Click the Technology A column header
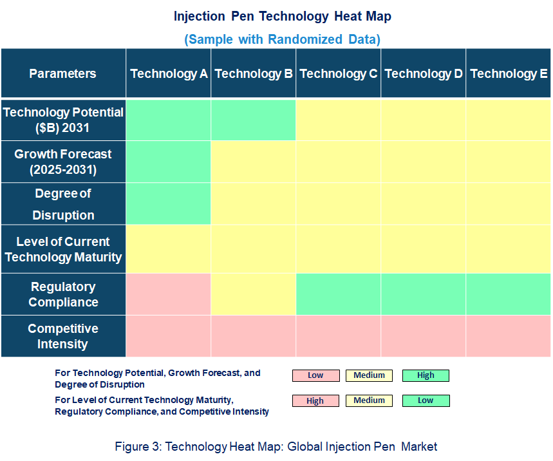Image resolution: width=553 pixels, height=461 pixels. pos(169,73)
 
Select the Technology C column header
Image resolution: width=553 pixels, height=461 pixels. pos(339,73)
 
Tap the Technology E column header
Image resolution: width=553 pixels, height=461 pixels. pos(509,73)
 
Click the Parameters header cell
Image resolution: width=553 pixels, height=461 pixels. pos(62,73)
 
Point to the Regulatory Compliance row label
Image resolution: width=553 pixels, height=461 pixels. pos(63,294)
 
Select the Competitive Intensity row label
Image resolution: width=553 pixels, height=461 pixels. pos(63,336)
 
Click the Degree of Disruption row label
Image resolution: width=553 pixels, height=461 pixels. pos(63,204)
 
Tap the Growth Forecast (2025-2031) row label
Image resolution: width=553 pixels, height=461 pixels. pos(63,162)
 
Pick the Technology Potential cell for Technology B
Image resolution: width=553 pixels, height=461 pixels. pos(254,120)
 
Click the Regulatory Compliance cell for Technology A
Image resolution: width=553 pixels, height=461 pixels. pos(169,294)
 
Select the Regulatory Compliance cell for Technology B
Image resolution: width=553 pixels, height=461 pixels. pos(254,294)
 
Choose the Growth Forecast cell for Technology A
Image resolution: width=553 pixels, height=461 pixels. pos(169,162)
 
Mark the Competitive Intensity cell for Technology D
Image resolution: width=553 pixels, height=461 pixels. pos(424,336)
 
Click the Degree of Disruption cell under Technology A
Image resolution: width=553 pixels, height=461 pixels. pos(169,204)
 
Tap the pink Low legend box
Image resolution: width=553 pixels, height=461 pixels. pos(315,375)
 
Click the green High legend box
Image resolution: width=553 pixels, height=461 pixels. pos(426,375)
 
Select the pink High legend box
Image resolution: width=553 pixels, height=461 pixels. pos(315,400)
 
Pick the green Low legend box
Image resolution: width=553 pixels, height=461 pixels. pos(426,400)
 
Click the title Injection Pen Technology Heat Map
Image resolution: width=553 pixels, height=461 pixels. pos(282,17)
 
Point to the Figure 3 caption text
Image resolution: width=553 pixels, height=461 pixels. pos(276,446)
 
